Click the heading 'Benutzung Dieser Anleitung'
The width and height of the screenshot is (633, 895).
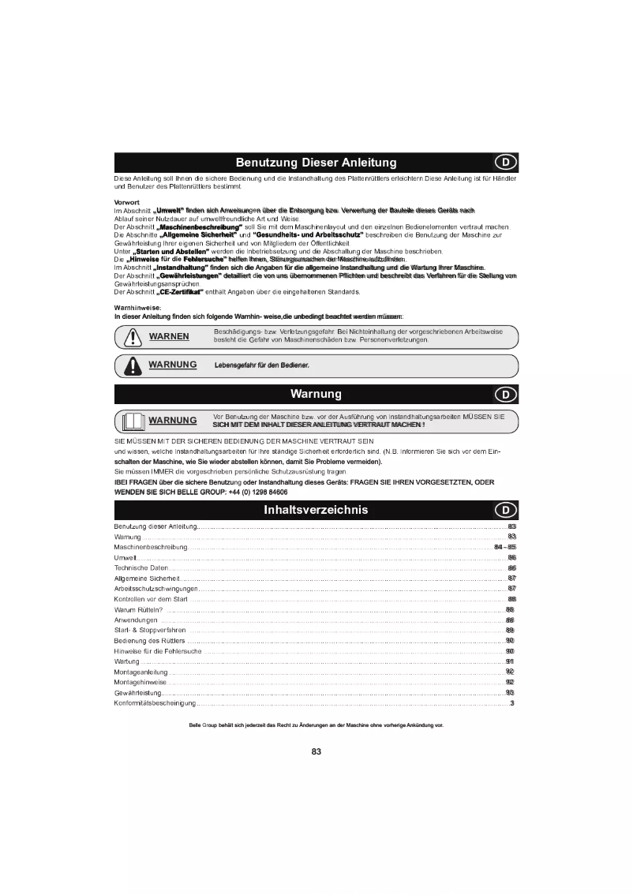(x=316, y=163)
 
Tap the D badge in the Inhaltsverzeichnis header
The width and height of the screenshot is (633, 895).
(x=505, y=510)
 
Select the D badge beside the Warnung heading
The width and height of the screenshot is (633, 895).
(x=505, y=394)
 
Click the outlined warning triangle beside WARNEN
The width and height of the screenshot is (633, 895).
(x=129, y=337)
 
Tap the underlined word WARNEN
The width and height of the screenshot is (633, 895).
(x=169, y=336)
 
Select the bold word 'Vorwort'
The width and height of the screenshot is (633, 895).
(x=127, y=203)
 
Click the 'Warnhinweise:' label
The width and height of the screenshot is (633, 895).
(x=137, y=308)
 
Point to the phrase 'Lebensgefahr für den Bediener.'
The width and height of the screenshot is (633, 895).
(x=261, y=365)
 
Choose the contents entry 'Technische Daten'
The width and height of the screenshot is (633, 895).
(x=141, y=568)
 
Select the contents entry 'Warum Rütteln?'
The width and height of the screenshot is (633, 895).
(x=139, y=609)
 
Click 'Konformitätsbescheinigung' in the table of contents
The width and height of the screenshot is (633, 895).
(x=155, y=703)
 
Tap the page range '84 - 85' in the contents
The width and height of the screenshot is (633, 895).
(x=504, y=547)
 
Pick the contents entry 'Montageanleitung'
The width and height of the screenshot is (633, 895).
(x=140, y=672)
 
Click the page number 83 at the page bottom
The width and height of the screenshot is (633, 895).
(x=316, y=751)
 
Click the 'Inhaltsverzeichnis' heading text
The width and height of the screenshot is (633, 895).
(x=316, y=510)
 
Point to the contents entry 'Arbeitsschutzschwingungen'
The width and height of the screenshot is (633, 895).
(x=155, y=589)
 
